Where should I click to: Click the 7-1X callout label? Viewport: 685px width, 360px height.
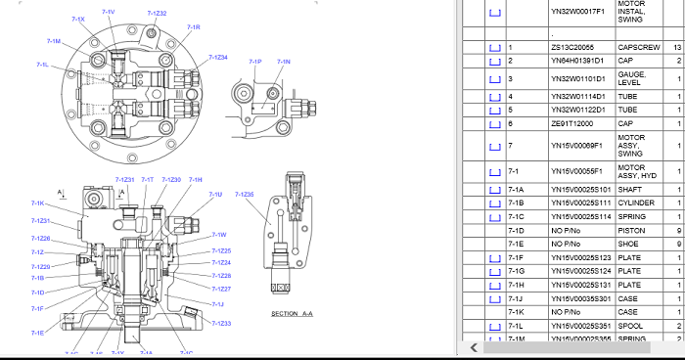79,20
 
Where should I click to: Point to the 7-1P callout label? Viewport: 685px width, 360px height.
255,62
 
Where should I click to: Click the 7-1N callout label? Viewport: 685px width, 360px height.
284,62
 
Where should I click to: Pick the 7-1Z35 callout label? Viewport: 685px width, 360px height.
244,195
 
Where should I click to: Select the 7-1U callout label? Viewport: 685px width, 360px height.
215,195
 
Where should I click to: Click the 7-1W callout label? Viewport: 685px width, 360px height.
220,235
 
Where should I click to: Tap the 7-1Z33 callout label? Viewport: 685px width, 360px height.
222,323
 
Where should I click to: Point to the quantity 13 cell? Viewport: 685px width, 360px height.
677,46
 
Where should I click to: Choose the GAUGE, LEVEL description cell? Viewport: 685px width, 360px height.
632,78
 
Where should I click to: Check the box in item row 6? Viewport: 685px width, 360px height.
494,124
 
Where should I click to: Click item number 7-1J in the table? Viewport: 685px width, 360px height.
516,297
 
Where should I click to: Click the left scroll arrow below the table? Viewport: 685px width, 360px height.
476,346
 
